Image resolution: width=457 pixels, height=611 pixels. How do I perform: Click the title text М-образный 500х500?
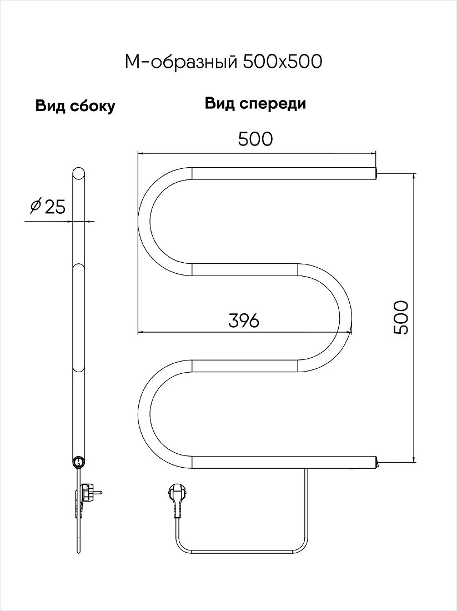pos(223,62)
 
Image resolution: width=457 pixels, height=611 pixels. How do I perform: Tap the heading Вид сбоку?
pos(75,106)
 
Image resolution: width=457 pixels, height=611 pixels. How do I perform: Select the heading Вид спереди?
pos(255,104)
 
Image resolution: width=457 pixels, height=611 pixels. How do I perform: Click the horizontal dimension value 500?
pos(255,139)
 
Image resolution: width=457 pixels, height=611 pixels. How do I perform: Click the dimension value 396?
pos(244,320)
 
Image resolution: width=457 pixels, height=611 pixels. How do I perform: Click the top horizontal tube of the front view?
pos(284,173)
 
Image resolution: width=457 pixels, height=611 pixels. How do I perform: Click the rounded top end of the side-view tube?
pos(78,173)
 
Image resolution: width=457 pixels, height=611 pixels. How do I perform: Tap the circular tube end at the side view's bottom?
pos(78,462)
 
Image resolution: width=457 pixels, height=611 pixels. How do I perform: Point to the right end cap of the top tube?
pos(377,173)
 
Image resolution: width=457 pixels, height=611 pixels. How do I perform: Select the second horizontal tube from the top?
pos(245,269)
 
